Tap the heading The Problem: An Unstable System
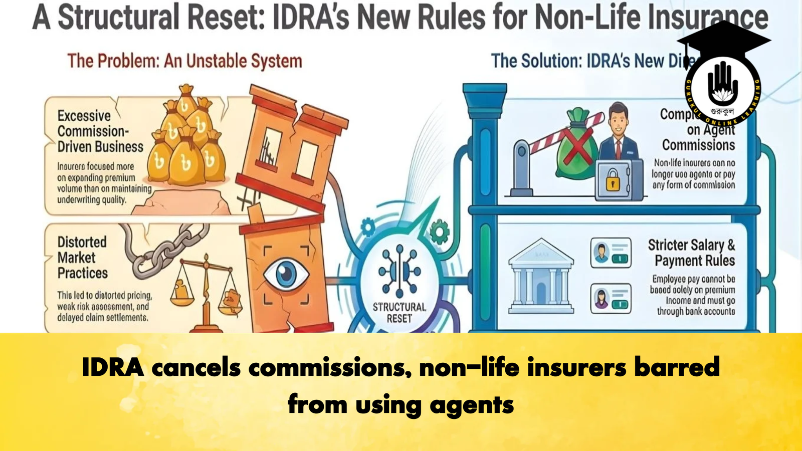(x=184, y=61)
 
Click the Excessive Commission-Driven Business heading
(x=100, y=131)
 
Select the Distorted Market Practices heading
(x=82, y=258)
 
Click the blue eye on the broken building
(x=286, y=274)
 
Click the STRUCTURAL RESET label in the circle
(x=399, y=313)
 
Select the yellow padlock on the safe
(x=613, y=180)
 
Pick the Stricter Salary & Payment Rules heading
(x=692, y=253)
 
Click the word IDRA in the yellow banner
(x=112, y=367)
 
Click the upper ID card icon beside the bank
(x=611, y=253)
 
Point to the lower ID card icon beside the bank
(x=611, y=299)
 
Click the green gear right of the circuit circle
(x=439, y=232)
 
